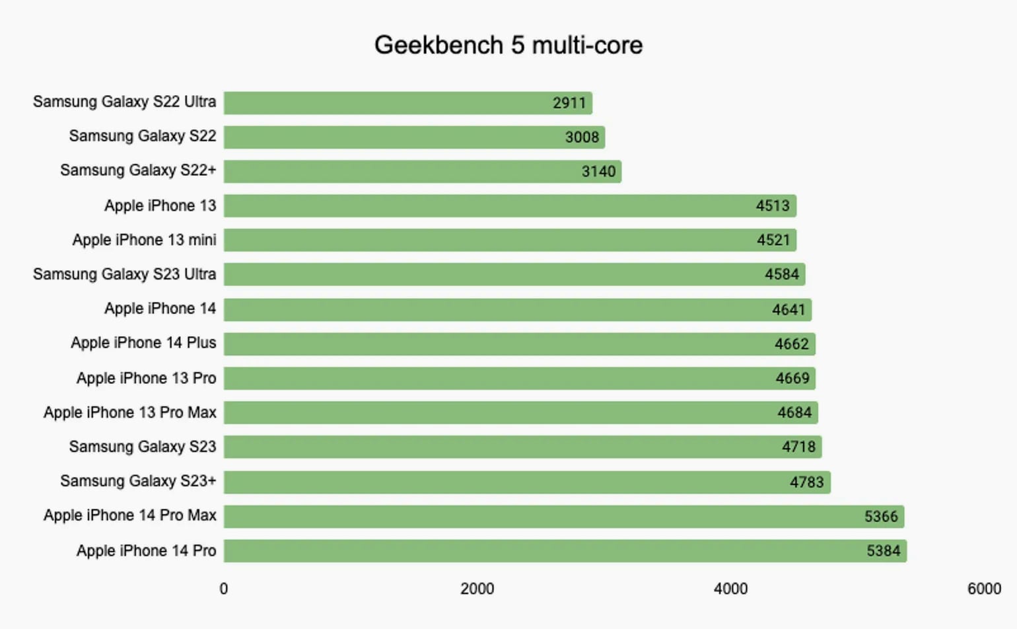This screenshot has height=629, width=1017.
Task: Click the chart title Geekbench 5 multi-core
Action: (x=508, y=45)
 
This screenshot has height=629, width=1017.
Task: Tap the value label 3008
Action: (x=582, y=137)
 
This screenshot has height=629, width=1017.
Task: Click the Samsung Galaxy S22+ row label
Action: (x=138, y=170)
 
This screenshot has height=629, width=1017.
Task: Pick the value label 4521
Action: (x=773, y=240)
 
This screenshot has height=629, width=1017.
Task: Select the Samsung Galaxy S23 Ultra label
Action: (x=124, y=274)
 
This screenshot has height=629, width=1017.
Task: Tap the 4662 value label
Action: (x=791, y=344)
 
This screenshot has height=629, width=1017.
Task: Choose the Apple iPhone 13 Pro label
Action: (x=146, y=378)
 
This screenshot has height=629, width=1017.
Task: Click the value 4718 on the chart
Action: (x=798, y=447)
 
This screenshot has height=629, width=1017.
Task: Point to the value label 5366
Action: (x=881, y=516)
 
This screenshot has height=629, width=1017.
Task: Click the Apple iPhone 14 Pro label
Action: (x=146, y=550)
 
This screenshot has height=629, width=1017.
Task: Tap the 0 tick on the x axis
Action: (x=224, y=589)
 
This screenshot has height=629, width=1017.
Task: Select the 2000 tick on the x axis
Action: (x=477, y=589)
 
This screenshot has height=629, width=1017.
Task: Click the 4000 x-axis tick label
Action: (x=730, y=589)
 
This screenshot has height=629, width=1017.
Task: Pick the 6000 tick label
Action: (x=984, y=589)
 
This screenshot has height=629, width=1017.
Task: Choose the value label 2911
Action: (x=569, y=102)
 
